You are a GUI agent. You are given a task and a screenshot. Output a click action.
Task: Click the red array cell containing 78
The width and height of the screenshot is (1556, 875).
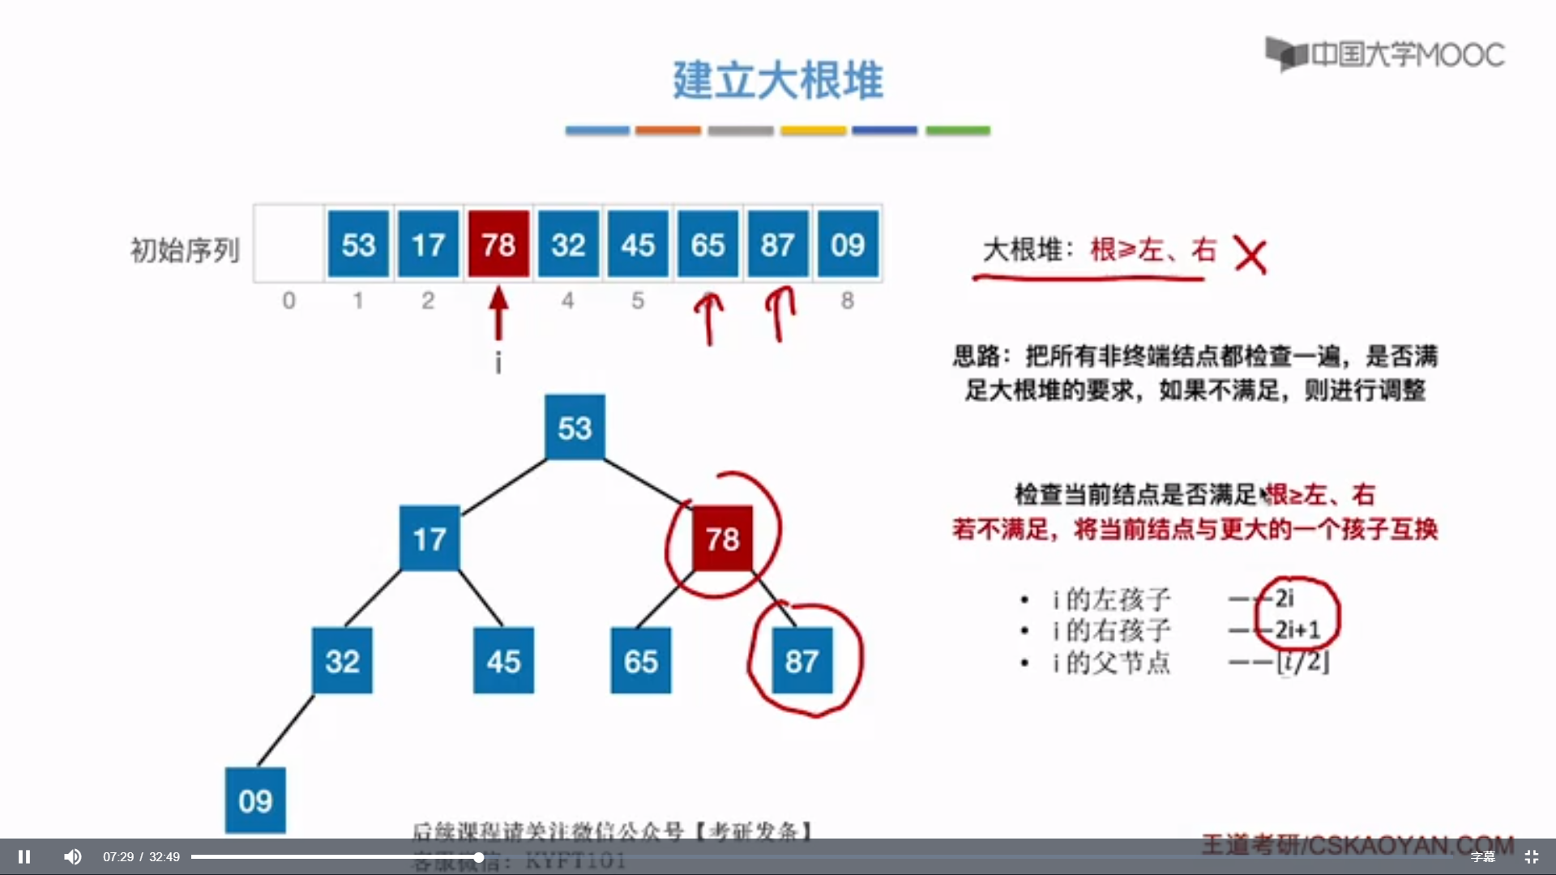(x=498, y=244)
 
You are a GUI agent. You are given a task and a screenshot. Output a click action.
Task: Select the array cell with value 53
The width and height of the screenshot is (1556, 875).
(x=358, y=244)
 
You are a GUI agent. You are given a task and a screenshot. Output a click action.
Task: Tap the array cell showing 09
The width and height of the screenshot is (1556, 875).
(x=848, y=244)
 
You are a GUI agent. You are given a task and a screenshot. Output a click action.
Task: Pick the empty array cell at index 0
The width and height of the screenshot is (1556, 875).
(x=289, y=244)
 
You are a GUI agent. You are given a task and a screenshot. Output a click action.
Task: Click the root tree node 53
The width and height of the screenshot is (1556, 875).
(x=575, y=427)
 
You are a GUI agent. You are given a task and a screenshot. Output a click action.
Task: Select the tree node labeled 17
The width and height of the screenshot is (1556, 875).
(x=430, y=538)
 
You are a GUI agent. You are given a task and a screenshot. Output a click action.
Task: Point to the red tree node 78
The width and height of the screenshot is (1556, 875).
(x=722, y=538)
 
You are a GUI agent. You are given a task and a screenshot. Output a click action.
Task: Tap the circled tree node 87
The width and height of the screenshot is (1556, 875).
(x=802, y=660)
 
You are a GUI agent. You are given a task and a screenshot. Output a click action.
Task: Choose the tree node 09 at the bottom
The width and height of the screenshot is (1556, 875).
(x=255, y=800)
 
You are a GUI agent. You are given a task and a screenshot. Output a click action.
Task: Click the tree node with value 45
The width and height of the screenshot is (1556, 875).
(x=503, y=660)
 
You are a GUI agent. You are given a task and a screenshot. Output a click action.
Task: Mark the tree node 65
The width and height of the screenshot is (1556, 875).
(x=640, y=660)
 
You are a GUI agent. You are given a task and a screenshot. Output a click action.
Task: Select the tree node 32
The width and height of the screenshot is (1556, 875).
(x=342, y=660)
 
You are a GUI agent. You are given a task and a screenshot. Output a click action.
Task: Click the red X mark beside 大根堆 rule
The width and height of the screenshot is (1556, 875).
(x=1250, y=256)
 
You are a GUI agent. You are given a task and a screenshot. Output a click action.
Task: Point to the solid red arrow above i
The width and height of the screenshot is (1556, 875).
(x=498, y=314)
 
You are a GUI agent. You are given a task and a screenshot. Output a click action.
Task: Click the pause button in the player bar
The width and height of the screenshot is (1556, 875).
(x=24, y=856)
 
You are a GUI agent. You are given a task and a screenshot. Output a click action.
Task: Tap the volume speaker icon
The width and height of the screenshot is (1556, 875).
(x=73, y=856)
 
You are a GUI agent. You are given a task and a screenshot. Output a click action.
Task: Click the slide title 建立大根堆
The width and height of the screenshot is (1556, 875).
(x=777, y=80)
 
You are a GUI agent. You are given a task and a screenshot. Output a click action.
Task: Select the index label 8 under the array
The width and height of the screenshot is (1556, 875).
(x=848, y=301)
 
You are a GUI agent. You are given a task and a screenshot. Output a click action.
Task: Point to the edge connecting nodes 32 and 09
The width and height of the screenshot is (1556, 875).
(x=285, y=730)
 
